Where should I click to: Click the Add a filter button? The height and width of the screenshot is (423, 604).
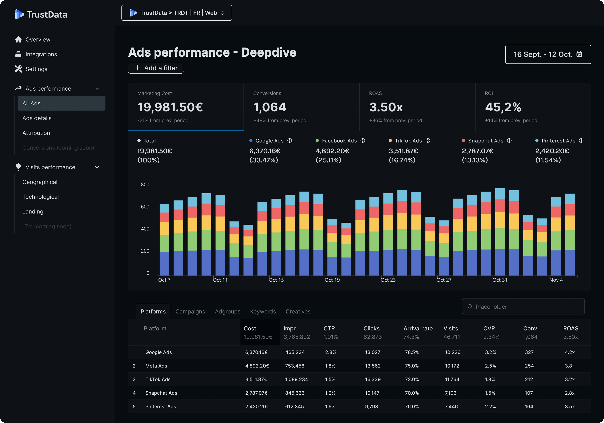pos(156,68)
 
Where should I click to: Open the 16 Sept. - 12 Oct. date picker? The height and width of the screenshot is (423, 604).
pos(548,54)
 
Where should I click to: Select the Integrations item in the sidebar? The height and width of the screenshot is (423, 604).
pos(41,54)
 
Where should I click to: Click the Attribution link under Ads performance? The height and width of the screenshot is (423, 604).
pos(36,133)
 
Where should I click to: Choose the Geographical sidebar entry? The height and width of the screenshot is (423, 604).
pos(40,182)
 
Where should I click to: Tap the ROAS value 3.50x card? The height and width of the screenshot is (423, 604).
pos(417,107)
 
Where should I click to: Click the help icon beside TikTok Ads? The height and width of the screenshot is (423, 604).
pos(428,140)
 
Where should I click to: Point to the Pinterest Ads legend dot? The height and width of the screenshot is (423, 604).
pos(537,140)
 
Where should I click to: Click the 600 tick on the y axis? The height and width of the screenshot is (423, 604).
pos(145,207)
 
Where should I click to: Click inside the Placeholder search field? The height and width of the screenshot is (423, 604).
pos(523,307)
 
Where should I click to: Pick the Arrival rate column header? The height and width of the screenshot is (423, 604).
pos(418,328)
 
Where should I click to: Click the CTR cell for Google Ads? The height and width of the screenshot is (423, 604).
pos(330,352)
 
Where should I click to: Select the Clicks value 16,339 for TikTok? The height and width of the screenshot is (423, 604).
pos(373,379)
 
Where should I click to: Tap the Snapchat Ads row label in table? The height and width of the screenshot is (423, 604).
pos(161,393)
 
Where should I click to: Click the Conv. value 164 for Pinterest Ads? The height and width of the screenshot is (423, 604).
pos(529,406)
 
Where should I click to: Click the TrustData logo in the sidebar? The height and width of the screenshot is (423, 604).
pos(41,14)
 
